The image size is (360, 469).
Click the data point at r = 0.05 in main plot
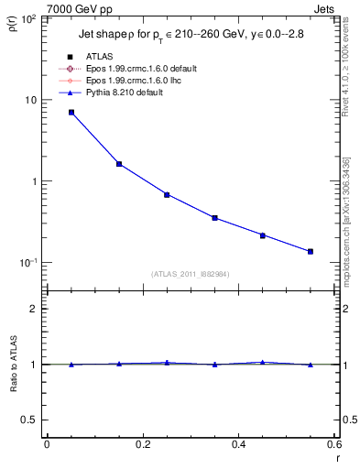pos(71,113)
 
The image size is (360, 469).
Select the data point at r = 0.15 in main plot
pos(119,164)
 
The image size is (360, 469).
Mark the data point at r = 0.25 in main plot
pos(167,194)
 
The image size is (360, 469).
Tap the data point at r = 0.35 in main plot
pos(214,218)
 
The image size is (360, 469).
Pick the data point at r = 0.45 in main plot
pos(262,235)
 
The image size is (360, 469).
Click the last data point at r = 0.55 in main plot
pos(311,251)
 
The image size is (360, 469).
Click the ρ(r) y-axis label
pos(12,26)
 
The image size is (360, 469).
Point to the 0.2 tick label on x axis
pos(142,444)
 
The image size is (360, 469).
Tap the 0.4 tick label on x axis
pos(238,444)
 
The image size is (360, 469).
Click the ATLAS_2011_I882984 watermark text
pos(190,275)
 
